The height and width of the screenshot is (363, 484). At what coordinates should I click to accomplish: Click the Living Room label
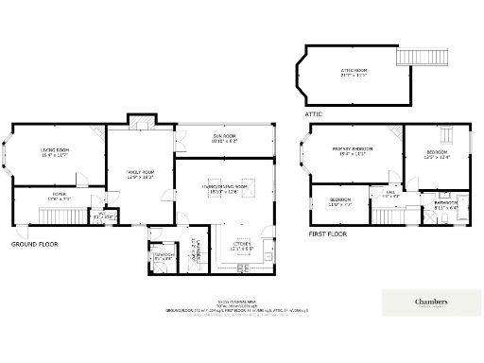click(54, 152)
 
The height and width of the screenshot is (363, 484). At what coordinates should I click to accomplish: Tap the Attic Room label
click(354, 72)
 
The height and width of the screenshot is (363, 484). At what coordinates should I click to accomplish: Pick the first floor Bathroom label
click(446, 204)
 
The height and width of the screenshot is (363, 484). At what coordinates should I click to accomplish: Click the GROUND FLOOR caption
click(31, 244)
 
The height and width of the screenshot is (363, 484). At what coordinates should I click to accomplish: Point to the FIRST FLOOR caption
click(327, 233)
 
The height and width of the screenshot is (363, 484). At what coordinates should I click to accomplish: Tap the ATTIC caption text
click(314, 113)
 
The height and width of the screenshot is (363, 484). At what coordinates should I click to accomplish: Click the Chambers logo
click(430, 302)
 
